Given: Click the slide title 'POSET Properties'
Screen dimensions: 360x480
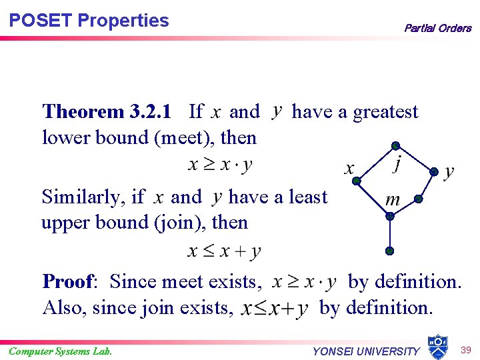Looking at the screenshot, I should pyautogui.click(x=89, y=21).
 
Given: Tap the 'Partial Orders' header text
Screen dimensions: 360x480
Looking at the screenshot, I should pyautogui.click(x=437, y=28).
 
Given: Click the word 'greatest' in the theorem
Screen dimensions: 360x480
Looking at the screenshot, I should pyautogui.click(x=385, y=111).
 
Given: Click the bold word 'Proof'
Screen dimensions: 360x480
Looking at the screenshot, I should pyautogui.click(x=69, y=281).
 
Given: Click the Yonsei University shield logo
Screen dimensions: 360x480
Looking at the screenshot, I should pyautogui.click(x=437, y=345).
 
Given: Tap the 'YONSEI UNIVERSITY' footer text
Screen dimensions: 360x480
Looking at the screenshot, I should pyautogui.click(x=366, y=351).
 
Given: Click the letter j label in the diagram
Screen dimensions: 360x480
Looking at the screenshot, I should pyautogui.click(x=397, y=163).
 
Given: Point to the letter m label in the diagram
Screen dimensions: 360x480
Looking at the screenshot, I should pyautogui.click(x=393, y=199).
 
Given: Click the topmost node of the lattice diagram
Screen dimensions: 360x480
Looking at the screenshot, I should pyautogui.click(x=395, y=145).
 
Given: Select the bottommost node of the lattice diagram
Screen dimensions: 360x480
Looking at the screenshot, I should pyautogui.click(x=390, y=251).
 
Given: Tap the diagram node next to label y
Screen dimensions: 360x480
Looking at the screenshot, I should pyautogui.click(x=434, y=171).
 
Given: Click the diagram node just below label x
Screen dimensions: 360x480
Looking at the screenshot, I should pyautogui.click(x=357, y=181).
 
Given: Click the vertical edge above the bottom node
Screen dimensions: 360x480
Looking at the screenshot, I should pyautogui.click(x=390, y=233).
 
